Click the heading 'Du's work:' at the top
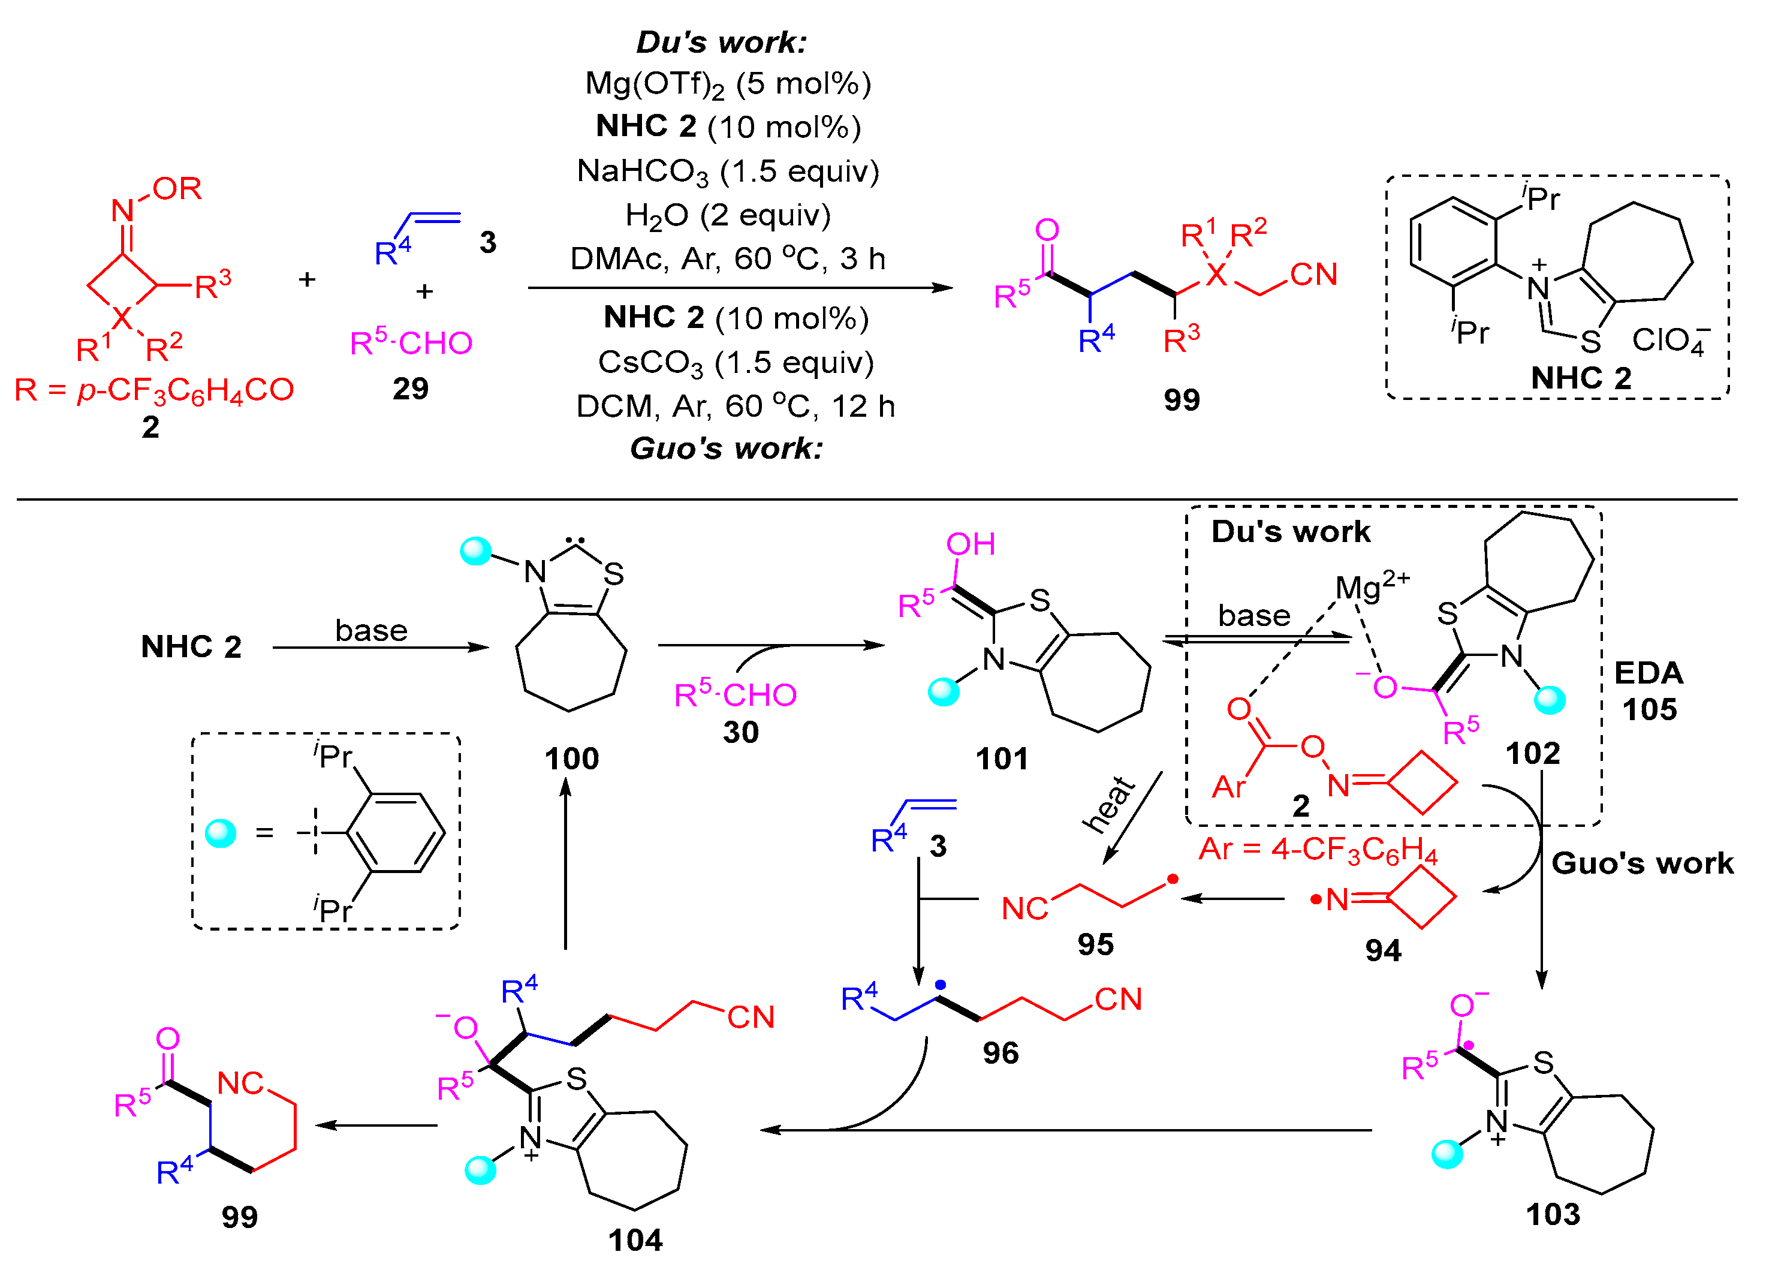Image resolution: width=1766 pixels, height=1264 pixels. point(721,42)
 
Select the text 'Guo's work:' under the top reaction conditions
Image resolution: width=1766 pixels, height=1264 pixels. point(726,449)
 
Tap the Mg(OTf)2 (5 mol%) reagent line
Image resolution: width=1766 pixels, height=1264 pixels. point(727,83)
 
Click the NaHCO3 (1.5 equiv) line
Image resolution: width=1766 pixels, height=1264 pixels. point(727,171)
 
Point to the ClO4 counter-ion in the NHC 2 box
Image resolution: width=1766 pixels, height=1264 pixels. point(1669,340)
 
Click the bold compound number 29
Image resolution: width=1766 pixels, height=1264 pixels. point(410,389)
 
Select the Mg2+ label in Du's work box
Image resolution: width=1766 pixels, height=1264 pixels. point(1372,585)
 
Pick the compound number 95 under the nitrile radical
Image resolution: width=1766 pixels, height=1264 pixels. point(1095,945)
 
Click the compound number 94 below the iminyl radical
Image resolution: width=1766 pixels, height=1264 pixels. point(1382,950)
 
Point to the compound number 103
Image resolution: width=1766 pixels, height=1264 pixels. point(1552,1214)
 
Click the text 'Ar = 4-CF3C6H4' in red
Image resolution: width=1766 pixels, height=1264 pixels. point(1317,849)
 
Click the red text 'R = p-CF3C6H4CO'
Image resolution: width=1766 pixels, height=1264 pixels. point(154,390)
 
